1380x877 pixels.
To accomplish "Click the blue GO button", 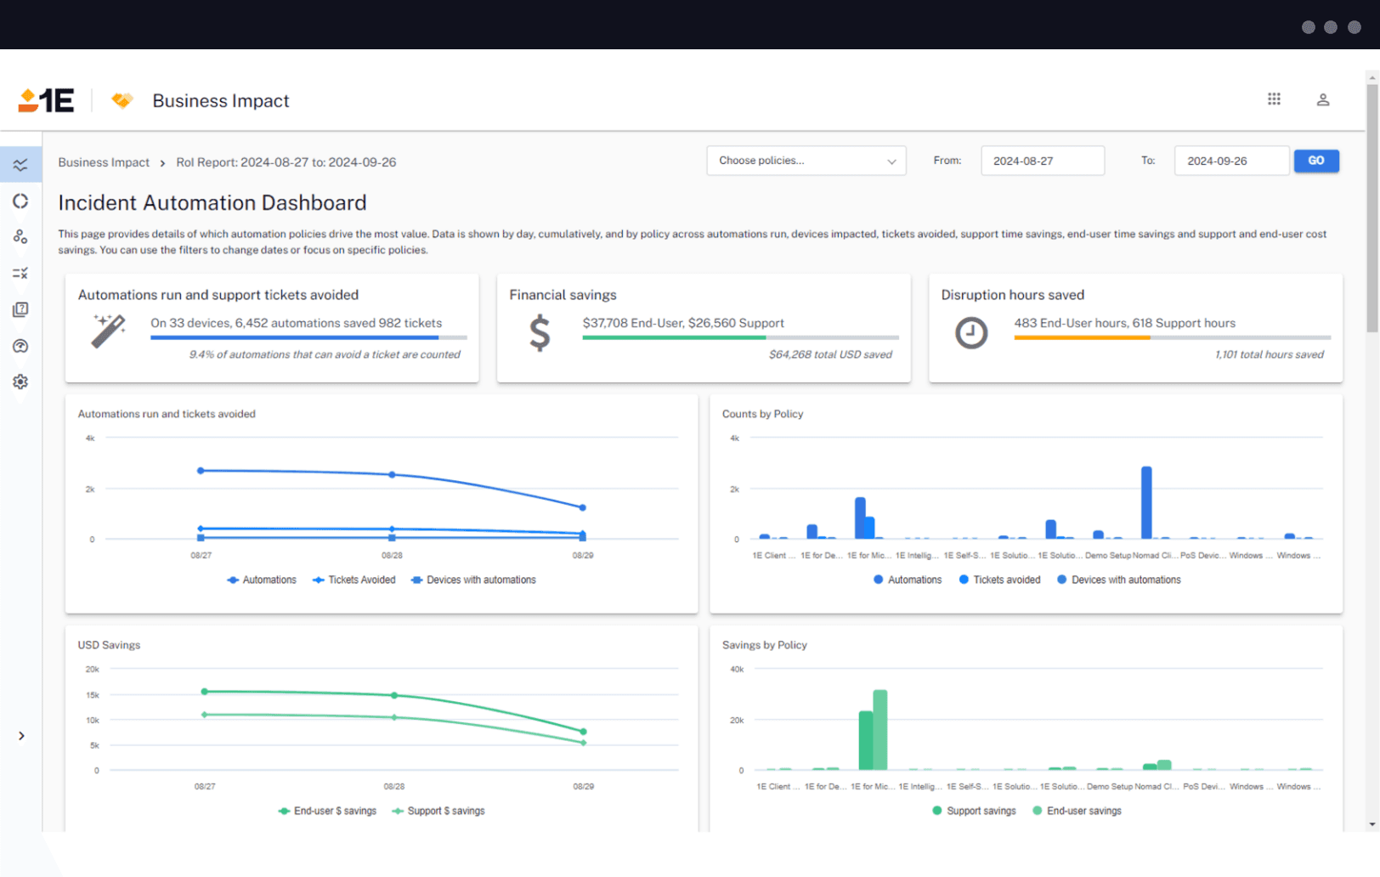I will [1315, 161].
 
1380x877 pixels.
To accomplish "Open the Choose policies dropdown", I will [806, 161].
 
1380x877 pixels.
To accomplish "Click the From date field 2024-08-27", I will [1042, 161].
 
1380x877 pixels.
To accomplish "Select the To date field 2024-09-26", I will [1230, 161].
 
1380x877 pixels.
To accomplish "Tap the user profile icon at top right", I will [1322, 99].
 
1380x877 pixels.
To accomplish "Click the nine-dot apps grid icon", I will [1274, 99].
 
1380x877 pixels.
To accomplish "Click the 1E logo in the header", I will [47, 100].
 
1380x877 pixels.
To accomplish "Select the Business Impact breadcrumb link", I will [104, 162].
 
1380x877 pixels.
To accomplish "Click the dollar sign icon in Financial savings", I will [540, 332].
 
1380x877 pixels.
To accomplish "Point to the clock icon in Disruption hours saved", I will [970, 332].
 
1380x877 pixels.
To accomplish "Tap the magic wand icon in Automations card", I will [109, 331].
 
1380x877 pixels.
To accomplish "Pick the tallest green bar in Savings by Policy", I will [879, 729].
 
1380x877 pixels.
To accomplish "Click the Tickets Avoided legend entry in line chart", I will [354, 580].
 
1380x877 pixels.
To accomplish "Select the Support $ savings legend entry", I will [438, 811].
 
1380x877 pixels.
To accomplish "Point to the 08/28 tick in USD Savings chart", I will [393, 786].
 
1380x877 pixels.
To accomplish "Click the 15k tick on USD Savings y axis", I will [93, 695].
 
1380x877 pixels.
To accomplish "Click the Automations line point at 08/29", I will [583, 507].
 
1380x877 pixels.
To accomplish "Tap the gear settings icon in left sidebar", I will [20, 382].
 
